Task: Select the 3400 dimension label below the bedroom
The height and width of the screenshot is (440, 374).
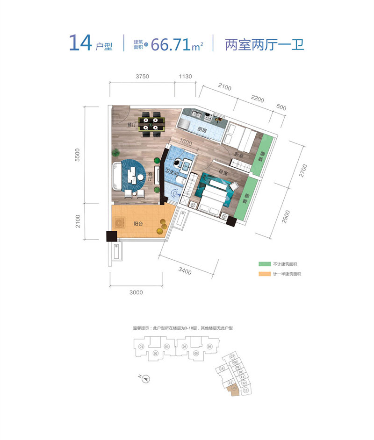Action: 184,270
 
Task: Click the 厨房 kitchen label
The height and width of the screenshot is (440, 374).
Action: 202,129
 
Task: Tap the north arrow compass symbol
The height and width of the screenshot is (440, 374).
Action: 146,378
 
